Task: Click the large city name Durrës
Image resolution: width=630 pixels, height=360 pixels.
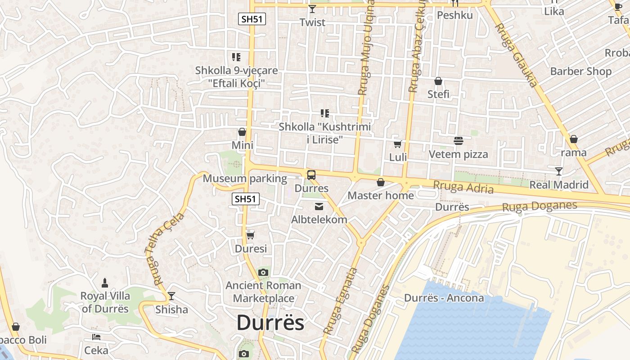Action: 270,323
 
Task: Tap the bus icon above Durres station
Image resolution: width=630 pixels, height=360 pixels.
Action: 311,175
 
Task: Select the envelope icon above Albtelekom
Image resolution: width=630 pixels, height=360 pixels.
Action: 319,207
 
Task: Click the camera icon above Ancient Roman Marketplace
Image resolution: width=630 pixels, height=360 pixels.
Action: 263,272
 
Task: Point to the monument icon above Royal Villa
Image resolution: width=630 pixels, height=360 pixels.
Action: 105,283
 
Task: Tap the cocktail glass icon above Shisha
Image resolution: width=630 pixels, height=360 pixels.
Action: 171,296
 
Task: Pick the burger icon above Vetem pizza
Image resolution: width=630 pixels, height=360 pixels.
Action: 458,141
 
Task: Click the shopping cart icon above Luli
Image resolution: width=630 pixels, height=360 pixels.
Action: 398,144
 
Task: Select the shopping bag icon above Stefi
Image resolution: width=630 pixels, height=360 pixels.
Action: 438,81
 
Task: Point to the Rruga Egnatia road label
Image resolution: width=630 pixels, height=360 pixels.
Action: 341,301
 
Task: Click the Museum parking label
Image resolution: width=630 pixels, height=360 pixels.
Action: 245,179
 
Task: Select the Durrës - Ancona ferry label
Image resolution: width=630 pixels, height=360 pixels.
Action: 444,298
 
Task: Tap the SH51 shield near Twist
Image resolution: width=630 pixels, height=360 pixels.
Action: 252,19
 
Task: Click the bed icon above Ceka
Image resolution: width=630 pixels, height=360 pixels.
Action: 96,337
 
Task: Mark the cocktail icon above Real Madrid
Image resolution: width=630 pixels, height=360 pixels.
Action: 559,171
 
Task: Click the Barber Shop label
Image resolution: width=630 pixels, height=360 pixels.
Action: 581,71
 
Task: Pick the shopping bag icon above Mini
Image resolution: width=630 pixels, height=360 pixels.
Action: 242,132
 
